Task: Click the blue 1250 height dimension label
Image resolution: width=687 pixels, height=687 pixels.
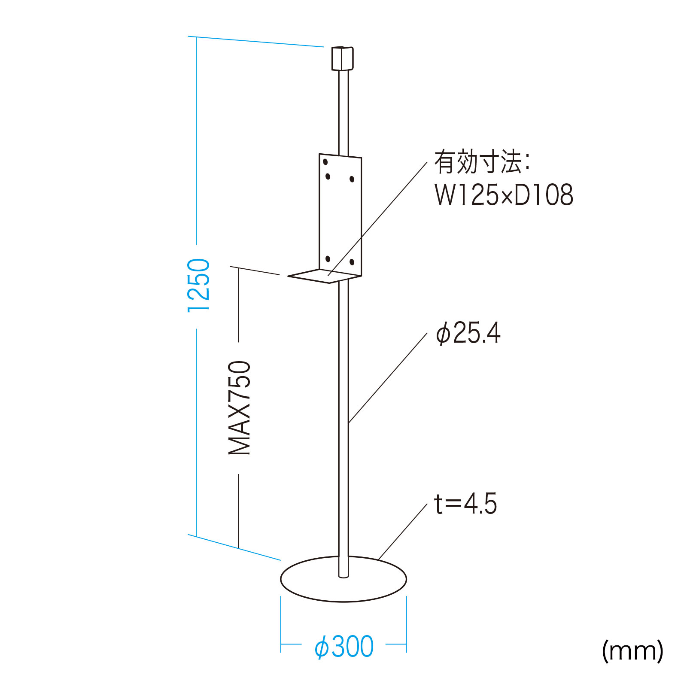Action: click(x=199, y=285)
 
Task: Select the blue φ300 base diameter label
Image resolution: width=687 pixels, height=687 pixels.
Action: click(x=344, y=647)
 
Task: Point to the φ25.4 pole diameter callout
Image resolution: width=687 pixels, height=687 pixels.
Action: click(x=468, y=333)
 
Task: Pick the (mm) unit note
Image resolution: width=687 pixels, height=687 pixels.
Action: click(x=632, y=651)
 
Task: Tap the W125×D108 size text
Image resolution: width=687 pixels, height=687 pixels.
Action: click(x=504, y=195)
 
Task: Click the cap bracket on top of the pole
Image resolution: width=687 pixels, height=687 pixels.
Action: click(x=342, y=58)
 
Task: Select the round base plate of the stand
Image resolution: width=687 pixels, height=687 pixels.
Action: click(x=343, y=579)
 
